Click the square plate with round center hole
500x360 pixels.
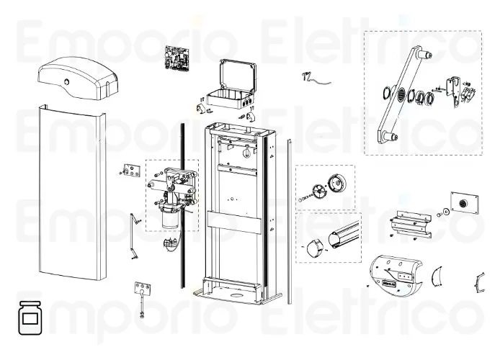pos(461,203)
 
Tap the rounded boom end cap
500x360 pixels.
pos(314,249)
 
